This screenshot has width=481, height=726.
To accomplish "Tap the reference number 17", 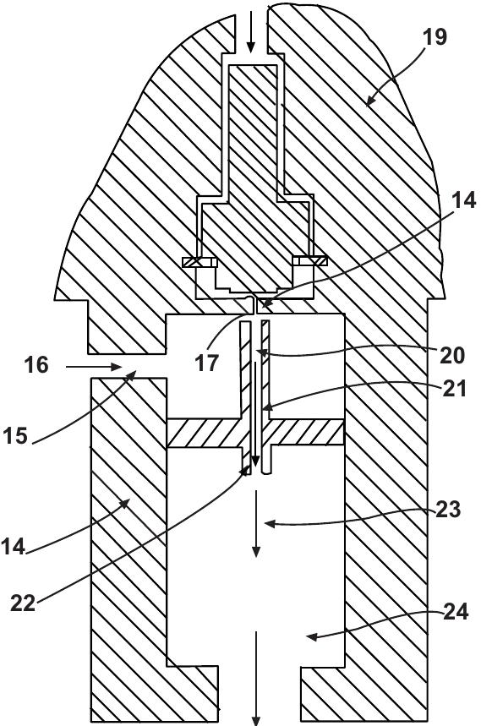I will pos(207,363).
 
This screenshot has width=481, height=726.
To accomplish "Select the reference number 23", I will pos(449,510).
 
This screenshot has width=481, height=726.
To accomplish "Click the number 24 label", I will pos(456,614).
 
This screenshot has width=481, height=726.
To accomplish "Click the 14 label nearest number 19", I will pos(463,201).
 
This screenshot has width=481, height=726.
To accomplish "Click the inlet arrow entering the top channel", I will pos(250,34).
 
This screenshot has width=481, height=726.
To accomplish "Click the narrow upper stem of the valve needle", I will pos(254,127).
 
